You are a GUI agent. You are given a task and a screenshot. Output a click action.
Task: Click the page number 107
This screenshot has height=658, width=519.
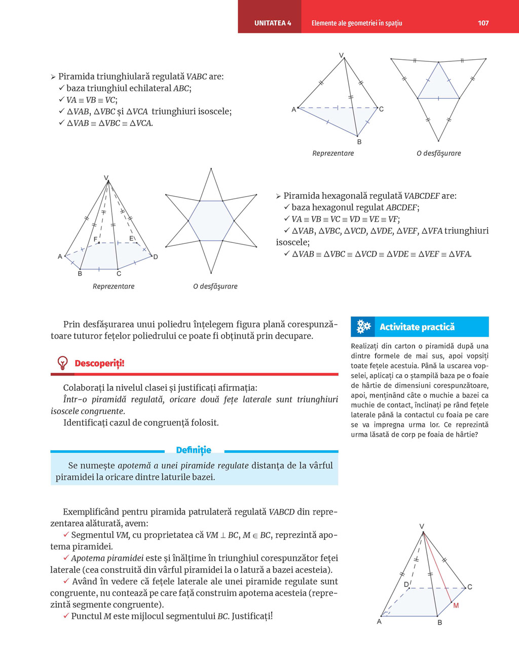(x=483, y=23)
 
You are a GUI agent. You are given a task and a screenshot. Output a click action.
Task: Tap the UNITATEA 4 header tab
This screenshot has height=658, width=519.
(x=273, y=23)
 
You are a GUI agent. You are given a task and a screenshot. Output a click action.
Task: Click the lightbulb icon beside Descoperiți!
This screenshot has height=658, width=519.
(x=62, y=363)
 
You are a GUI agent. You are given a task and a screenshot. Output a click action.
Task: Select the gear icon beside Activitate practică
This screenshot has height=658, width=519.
(x=363, y=327)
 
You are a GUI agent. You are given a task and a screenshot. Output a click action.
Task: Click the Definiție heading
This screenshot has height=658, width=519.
(x=194, y=450)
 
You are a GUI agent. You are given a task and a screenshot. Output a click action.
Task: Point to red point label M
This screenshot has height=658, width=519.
(x=456, y=606)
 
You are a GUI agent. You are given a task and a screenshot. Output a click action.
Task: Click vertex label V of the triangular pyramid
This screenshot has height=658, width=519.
(x=341, y=55)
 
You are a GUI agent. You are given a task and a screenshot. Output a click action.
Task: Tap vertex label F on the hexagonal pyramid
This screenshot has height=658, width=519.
(x=95, y=239)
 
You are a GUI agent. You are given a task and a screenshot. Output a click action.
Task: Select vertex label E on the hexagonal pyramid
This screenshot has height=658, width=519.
(x=131, y=238)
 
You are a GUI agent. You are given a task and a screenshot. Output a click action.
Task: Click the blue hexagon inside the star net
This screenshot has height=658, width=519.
(x=211, y=221)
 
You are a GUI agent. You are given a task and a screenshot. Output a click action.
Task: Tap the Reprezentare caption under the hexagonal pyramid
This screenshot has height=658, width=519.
(x=114, y=286)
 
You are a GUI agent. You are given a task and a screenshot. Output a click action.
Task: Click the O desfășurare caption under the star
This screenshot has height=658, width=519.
(x=215, y=286)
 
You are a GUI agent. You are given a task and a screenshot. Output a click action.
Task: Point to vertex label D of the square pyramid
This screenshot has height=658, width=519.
(x=406, y=584)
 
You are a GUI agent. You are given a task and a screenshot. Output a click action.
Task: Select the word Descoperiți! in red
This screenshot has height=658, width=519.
(x=99, y=363)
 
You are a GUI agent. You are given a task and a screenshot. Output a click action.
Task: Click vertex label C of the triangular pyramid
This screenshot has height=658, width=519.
(x=381, y=109)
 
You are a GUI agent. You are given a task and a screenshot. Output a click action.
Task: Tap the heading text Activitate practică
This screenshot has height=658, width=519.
(x=417, y=327)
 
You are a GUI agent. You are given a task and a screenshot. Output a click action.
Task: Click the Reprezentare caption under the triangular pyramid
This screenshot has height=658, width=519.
(x=333, y=153)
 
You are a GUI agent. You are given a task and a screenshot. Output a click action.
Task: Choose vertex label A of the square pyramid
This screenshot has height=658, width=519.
(x=379, y=622)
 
